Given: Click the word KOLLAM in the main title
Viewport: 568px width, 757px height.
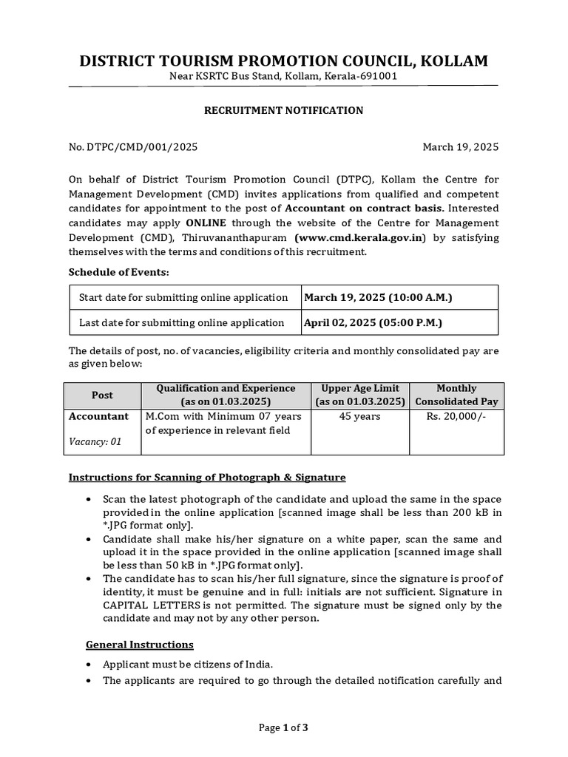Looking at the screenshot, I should (453, 61).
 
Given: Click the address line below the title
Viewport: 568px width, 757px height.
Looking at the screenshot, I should (283, 77).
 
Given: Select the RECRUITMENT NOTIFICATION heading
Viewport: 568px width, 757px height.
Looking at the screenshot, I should (283, 110).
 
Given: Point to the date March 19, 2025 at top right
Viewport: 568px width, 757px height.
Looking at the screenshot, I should (460, 146).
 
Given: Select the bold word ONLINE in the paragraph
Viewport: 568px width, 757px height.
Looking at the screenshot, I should (206, 223).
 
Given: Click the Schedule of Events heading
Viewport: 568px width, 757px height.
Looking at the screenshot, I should (119, 272).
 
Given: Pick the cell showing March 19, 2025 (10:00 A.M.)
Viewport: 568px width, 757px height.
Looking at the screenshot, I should (377, 297).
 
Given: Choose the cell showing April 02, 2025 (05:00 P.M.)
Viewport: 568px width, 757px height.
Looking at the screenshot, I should (374, 322).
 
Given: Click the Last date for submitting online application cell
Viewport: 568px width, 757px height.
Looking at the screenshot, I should (182, 322).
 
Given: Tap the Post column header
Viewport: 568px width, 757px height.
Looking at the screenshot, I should (102, 396).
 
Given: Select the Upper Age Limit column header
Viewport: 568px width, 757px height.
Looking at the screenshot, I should (360, 396).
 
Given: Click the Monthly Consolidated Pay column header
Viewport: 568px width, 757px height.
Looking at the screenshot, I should (456, 396).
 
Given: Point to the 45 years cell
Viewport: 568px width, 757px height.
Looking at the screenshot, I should (360, 416).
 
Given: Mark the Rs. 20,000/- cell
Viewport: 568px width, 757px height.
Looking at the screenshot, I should (456, 416).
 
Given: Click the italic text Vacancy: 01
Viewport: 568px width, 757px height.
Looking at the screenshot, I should (95, 442).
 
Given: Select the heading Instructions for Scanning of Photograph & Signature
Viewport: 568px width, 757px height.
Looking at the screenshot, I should (207, 477).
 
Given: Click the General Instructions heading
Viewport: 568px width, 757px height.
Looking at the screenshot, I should (140, 645).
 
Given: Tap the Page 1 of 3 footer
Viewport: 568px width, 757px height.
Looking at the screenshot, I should (283, 727).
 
